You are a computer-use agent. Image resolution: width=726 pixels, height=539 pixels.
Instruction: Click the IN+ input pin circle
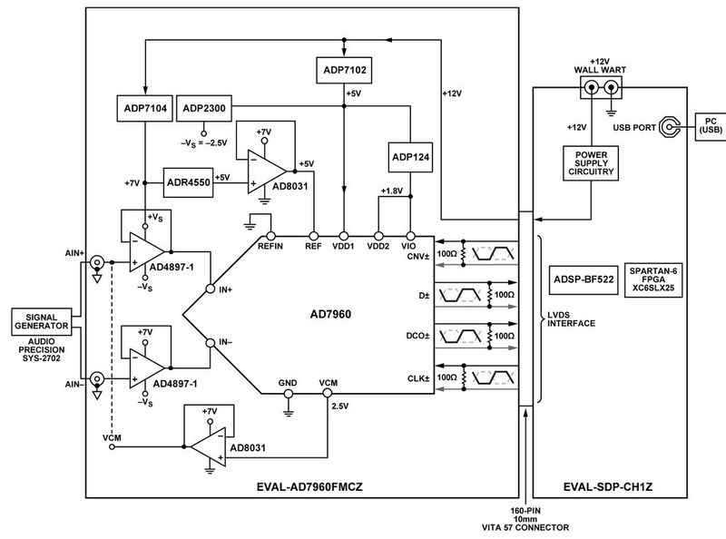point(210,289)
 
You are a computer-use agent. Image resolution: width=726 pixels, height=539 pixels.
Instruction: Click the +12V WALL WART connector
point(603,89)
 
